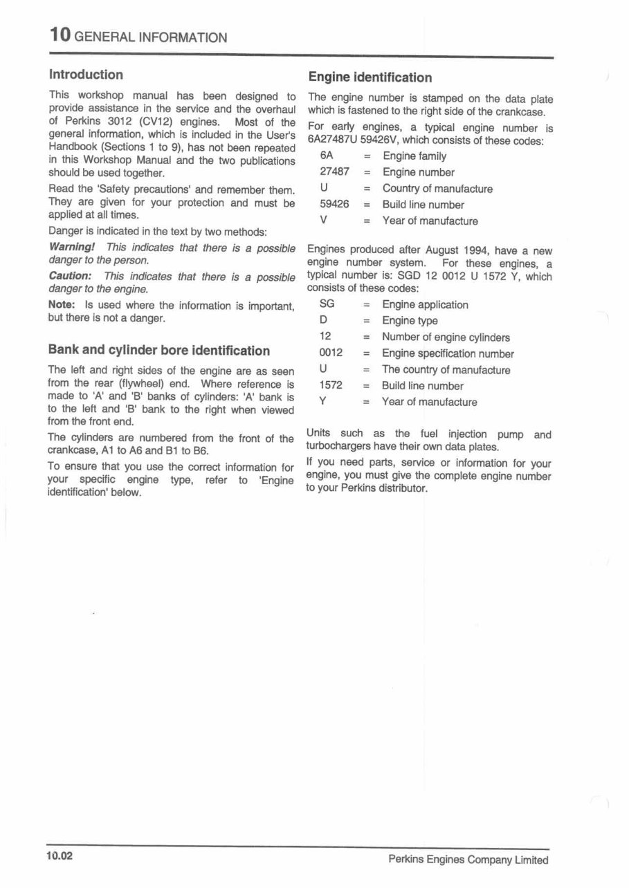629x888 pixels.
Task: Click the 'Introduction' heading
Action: pos(86,75)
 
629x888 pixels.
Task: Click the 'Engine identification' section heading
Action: pos(370,77)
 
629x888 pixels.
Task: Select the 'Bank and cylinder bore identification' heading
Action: pos(158,350)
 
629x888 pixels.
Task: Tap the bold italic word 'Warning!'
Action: pos(71,248)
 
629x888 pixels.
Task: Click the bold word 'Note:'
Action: pos(62,305)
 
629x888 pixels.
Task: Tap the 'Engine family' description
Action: pos(414,156)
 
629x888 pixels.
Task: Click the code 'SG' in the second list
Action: pos(327,304)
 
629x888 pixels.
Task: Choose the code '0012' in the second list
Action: pos(331,353)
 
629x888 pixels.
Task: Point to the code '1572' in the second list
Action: pos(331,386)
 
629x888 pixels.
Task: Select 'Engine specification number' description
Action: pos(448,353)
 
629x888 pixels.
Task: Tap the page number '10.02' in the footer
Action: pos(60,858)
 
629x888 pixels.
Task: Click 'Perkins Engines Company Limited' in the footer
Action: pos(468,860)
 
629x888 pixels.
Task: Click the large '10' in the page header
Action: pos(60,35)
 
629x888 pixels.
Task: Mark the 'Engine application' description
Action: pos(425,305)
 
